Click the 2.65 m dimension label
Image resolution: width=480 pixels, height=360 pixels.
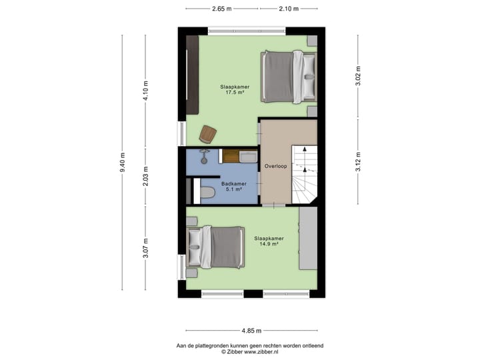coord(222,9)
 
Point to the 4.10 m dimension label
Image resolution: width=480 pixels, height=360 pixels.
coord(146,89)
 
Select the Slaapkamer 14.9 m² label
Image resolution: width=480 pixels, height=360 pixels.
coord(269,241)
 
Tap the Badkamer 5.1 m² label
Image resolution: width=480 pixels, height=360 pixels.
coord(234,186)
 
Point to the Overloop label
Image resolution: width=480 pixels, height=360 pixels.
coord(275,166)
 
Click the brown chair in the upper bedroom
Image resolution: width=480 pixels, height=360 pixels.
coord(208,133)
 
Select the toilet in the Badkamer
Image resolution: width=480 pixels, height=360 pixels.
coord(207,193)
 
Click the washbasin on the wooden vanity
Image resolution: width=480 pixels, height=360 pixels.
coord(248,157)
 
